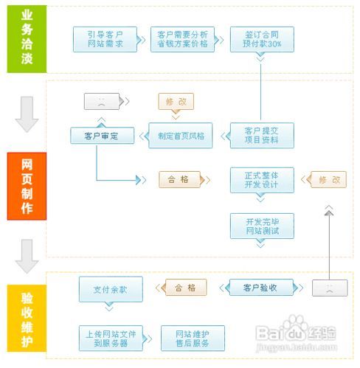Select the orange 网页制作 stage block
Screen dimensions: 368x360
point(27,186)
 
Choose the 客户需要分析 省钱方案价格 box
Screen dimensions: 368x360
point(183,39)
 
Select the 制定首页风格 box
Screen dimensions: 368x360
point(180,136)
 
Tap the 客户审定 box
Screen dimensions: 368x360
point(102,136)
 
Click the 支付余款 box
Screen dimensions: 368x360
point(111,289)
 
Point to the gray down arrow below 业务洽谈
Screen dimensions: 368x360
point(27,117)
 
